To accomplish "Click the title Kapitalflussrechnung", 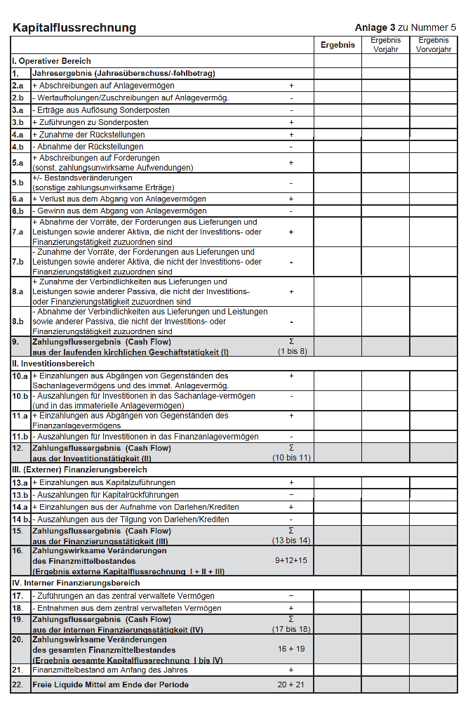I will pyautogui.click(x=74, y=28).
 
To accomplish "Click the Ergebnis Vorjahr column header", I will pyautogui.click(x=385, y=45).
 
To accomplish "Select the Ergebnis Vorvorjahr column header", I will pyautogui.click(x=433, y=45).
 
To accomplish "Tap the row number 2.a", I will pyautogui.click(x=18, y=85).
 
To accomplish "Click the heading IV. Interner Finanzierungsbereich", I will pyautogui.click(x=76, y=583).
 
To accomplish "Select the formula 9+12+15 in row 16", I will pyautogui.click(x=291, y=560).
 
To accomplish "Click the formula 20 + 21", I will pyautogui.click(x=291, y=684).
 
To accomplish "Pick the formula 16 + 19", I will pyautogui.click(x=291, y=649).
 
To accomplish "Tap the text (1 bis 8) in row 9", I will pyautogui.click(x=291, y=351).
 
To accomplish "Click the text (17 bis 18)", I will pyautogui.click(x=291, y=629).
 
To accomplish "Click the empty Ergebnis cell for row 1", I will pyautogui.click(x=337, y=73).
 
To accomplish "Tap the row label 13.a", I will pyautogui.click(x=19, y=483).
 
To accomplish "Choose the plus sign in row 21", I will pyautogui.click(x=291, y=670).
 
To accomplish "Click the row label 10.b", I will pyautogui.click(x=19, y=396).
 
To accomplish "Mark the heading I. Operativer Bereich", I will pyautogui.click(x=51, y=61).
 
